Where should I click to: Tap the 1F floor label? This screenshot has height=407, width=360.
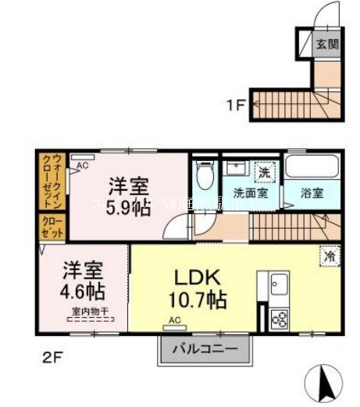237,102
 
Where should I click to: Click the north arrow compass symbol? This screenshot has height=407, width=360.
328,383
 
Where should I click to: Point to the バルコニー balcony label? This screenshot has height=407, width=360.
207,350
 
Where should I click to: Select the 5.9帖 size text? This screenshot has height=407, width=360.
129,209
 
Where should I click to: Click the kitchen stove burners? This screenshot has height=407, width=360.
280,318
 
